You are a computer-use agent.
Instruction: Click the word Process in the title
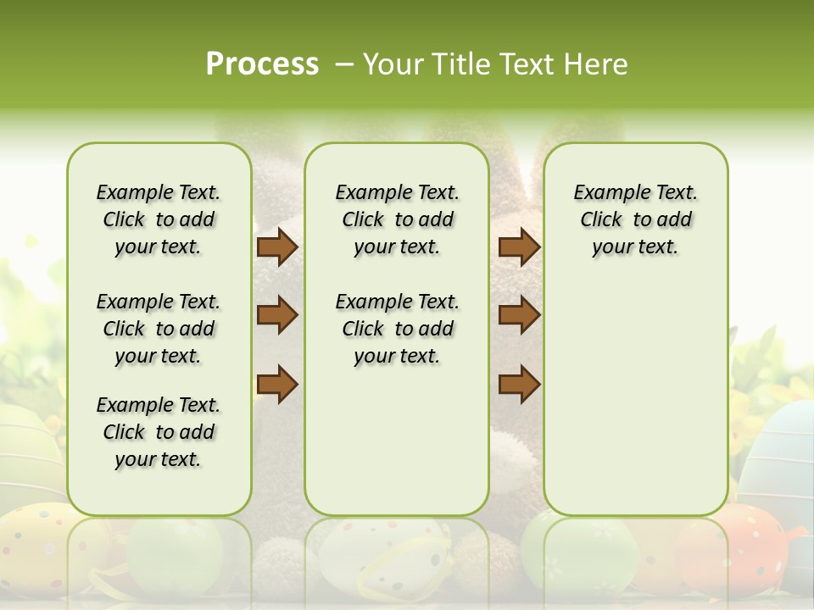point(262,64)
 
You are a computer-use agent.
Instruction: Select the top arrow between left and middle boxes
point(277,247)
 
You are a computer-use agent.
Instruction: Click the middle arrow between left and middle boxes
point(277,315)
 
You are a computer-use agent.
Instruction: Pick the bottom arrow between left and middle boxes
point(277,384)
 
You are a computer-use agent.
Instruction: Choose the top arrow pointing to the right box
point(519,247)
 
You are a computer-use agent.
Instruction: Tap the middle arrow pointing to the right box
point(519,315)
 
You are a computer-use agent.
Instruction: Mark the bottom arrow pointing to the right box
point(519,384)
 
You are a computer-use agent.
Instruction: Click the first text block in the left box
point(159,219)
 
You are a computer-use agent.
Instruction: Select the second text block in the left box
point(159,329)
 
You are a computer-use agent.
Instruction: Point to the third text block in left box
point(159,432)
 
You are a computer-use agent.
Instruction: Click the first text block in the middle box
point(397,219)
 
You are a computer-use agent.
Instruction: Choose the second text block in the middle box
point(397,329)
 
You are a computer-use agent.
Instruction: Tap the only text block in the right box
point(635,219)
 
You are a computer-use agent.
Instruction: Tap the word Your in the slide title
point(390,64)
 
